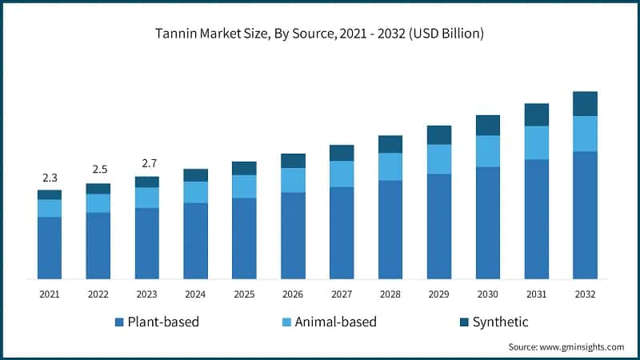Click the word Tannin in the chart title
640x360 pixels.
pos(178,34)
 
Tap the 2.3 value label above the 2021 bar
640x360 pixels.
pos(50,177)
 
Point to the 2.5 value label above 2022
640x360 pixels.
pos(98,170)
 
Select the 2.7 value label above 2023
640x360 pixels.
pos(147,163)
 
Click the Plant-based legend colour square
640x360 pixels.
pos(119,322)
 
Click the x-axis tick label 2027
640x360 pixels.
pos(342,294)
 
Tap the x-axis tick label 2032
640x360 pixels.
pos(586,294)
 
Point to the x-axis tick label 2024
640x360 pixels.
pos(195,294)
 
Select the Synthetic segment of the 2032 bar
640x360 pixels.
pos(586,103)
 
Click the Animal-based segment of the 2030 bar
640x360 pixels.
pos(488,151)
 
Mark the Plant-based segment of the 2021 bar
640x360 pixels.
pos(50,248)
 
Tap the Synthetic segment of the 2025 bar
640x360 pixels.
pos(244,168)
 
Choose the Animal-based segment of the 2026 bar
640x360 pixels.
pos(293,180)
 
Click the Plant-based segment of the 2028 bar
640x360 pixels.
pos(390,230)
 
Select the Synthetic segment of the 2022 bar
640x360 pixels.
pos(98,189)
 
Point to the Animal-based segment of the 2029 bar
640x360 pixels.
pos(439,159)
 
